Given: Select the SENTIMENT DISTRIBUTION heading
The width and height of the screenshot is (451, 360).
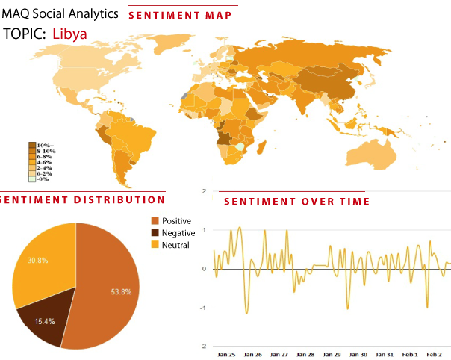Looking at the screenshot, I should [x=82, y=199].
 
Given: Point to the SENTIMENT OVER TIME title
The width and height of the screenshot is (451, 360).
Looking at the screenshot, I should [x=296, y=202].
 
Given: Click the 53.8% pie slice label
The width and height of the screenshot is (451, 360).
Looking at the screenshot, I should [x=122, y=291].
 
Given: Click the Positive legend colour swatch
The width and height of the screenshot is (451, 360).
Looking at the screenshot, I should [x=156, y=221].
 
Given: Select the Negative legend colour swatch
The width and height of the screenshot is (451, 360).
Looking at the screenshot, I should [x=156, y=233].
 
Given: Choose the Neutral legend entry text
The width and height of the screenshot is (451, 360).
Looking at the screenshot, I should [x=176, y=245].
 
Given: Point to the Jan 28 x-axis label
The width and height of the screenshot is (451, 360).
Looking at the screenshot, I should [x=305, y=354].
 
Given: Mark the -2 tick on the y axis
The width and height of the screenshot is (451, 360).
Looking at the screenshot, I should [x=203, y=346].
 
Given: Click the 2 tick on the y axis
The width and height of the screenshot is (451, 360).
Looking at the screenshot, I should [x=205, y=191].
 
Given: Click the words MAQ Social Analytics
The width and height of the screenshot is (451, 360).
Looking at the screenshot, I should [x=60, y=13].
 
